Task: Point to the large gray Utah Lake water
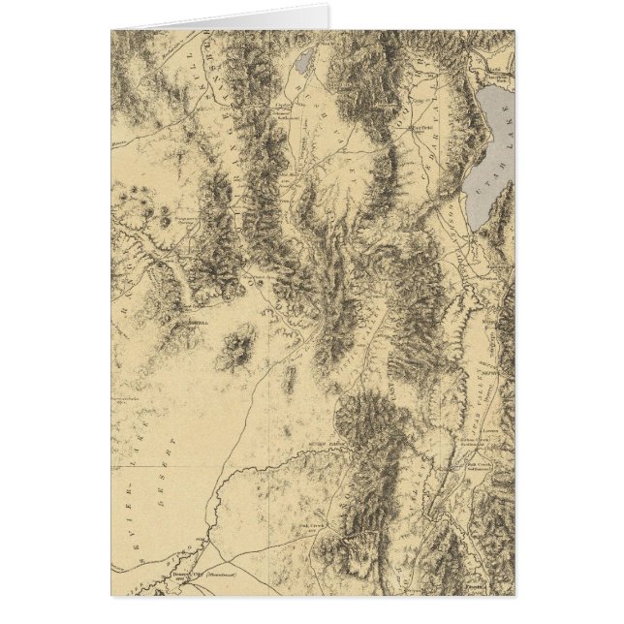point(487,136)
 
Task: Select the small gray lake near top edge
point(302,64)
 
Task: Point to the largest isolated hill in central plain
point(235,349)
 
